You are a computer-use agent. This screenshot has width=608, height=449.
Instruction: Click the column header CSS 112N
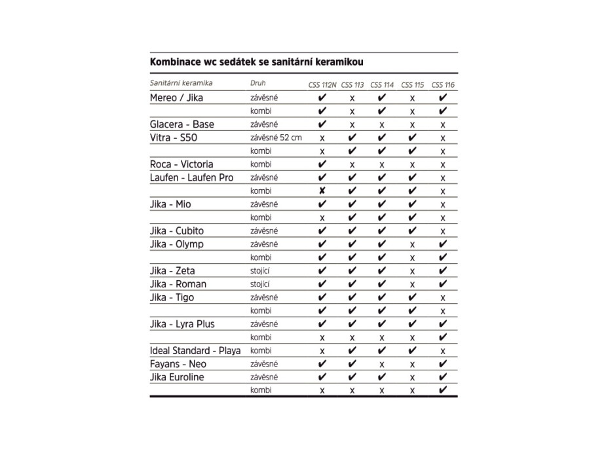[x=323, y=85]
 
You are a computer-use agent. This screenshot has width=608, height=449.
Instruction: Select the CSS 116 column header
[x=444, y=85]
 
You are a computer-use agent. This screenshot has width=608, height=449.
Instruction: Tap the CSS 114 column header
[x=382, y=85]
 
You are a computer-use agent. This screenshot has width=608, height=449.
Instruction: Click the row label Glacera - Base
[x=182, y=124]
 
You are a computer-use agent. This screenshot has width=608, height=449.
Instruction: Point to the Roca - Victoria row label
[x=181, y=164]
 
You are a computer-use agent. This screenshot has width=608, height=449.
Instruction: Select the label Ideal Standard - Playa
[x=195, y=350]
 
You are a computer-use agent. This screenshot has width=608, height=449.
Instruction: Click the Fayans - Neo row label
[x=178, y=363]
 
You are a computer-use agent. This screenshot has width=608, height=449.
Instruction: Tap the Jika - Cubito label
[x=177, y=230]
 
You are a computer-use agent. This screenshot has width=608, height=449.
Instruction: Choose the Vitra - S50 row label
[x=174, y=137]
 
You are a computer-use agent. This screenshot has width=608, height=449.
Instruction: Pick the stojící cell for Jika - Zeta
[x=260, y=270]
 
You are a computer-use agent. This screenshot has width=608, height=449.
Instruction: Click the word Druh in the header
[x=258, y=84]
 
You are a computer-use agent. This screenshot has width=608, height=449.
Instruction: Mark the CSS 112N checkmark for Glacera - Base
[x=322, y=124]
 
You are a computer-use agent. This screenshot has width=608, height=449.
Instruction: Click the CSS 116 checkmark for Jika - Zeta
[x=444, y=270]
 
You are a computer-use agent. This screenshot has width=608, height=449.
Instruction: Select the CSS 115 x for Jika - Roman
[x=413, y=284]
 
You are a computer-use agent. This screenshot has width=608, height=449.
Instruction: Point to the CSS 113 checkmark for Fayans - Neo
[x=352, y=363]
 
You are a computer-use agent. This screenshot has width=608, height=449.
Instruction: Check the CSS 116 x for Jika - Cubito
[x=444, y=231]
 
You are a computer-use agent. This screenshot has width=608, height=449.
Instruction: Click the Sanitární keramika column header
[x=181, y=84]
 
